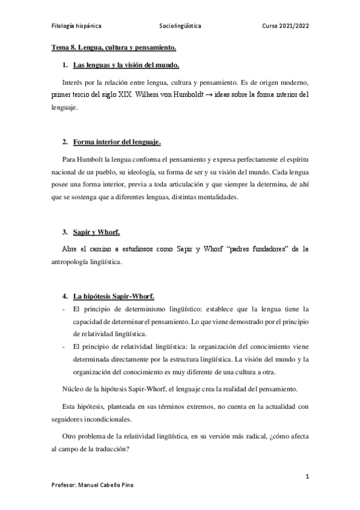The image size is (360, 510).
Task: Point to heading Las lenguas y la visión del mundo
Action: [x=126, y=65]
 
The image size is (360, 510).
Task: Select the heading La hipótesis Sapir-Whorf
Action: [x=114, y=296]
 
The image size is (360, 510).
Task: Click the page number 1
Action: [x=307, y=477]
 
